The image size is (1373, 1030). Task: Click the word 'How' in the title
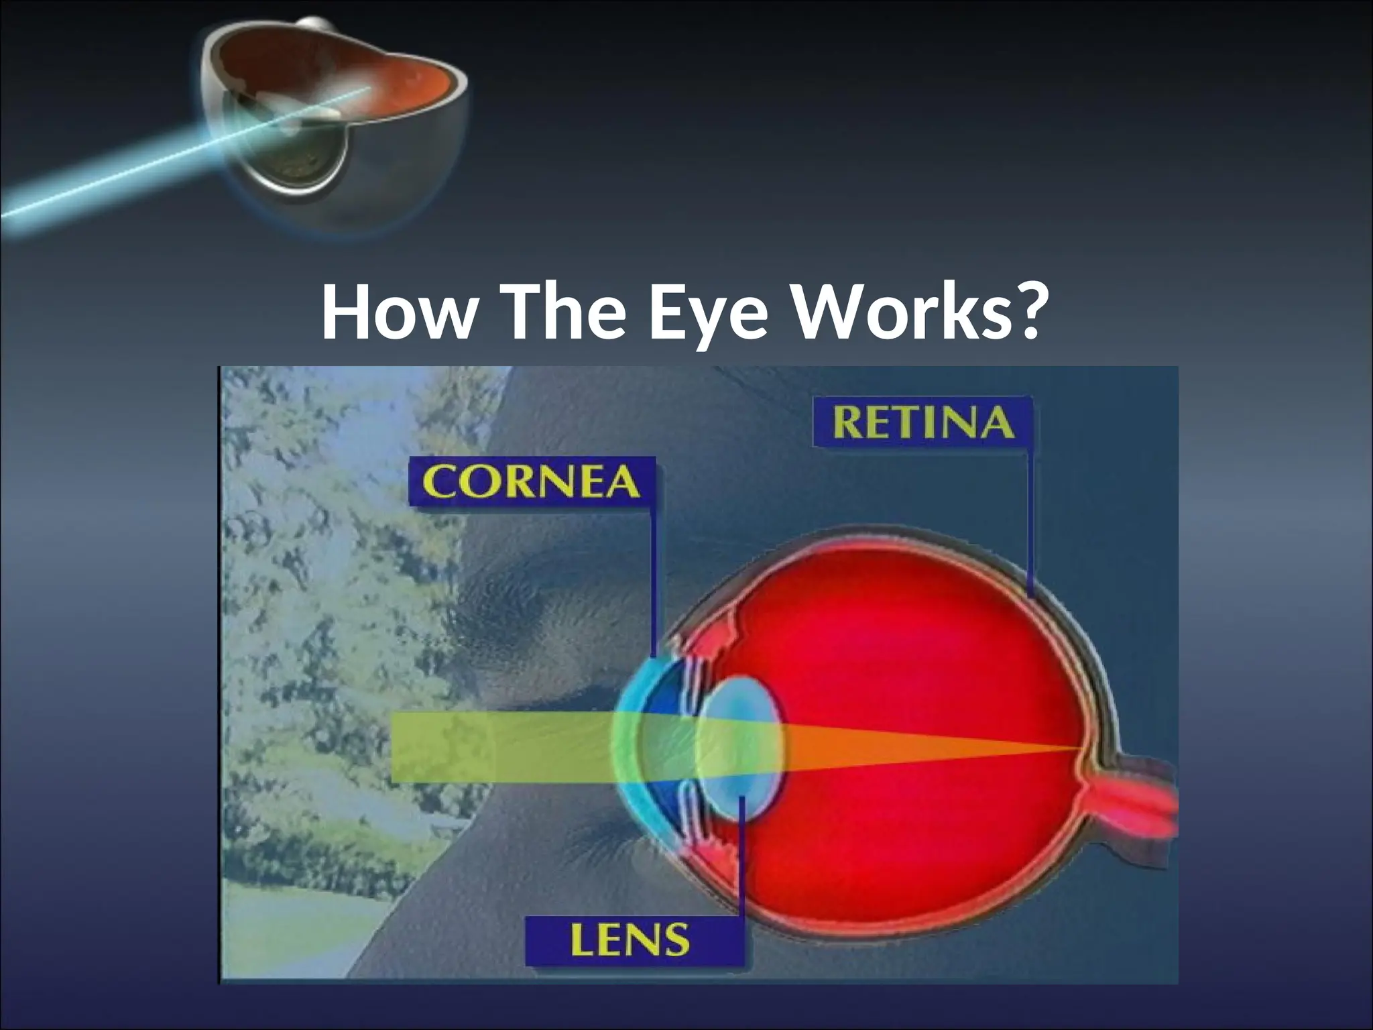coord(396,314)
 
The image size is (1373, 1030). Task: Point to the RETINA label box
coord(923,423)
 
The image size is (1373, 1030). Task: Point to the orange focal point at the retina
coord(1079,747)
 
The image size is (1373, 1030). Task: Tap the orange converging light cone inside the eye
coord(925,746)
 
